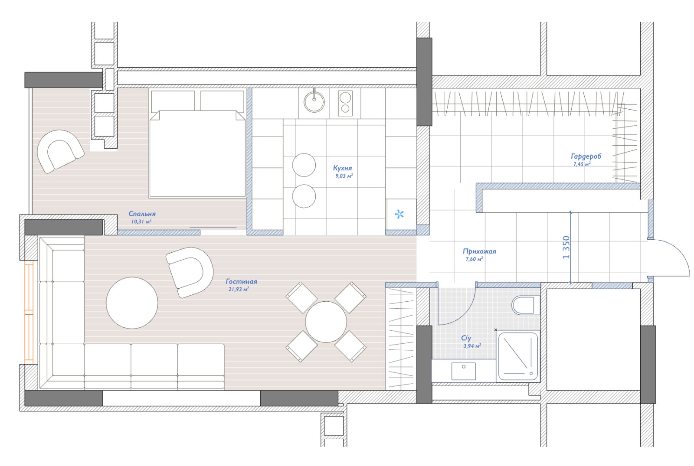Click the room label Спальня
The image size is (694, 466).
[x=142, y=214]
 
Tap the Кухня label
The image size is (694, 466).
[x=342, y=168]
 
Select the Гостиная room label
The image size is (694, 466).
[x=241, y=281]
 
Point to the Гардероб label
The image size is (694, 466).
[x=586, y=156]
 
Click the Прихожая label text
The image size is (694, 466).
[x=479, y=251]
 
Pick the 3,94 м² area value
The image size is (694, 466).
[x=472, y=346]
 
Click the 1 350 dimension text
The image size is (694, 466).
[x=566, y=247]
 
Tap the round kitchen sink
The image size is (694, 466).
[x=314, y=101]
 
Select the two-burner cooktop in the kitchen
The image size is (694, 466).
[x=345, y=104]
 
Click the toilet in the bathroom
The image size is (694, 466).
[x=526, y=305]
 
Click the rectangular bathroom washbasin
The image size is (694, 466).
[x=464, y=371]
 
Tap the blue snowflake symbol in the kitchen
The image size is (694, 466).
[x=399, y=214]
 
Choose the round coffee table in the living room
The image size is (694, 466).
[x=132, y=303]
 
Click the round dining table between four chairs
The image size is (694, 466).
[x=326, y=322]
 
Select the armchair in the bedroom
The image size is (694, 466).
[x=60, y=151]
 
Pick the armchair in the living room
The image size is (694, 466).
[x=190, y=273]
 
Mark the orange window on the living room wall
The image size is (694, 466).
[x=29, y=312]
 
